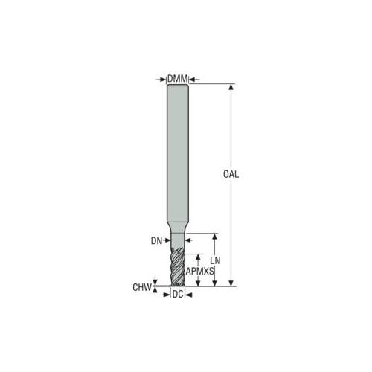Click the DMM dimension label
coord(178,79)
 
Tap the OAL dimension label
coord(231,174)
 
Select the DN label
coord(156,241)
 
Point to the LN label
coord(215,260)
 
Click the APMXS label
coord(200,272)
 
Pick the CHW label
coord(142,287)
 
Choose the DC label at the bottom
coord(178,295)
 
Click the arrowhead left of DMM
coord(163,80)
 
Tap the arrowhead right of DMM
coord(192,80)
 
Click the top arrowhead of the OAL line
coord(231,87)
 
